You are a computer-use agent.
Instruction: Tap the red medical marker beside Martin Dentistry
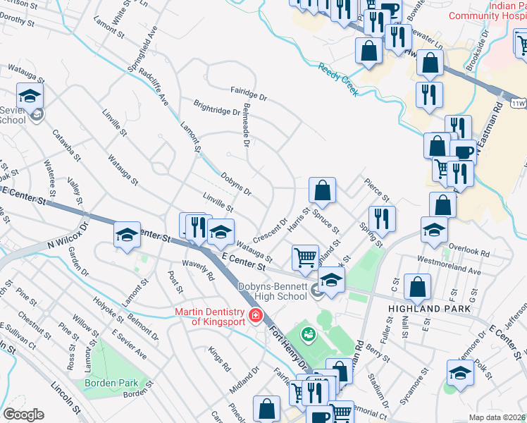(x=257, y=316)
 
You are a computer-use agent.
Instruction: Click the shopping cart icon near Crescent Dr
(x=304, y=257)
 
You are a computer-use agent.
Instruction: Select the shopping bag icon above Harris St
(x=322, y=190)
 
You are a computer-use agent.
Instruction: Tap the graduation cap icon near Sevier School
(x=30, y=95)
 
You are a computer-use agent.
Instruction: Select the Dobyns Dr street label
(x=236, y=183)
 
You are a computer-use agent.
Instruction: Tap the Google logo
(x=23, y=415)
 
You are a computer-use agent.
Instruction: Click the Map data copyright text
(x=497, y=417)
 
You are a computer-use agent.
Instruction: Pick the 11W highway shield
(x=519, y=104)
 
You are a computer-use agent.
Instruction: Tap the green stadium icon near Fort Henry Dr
(x=308, y=333)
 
